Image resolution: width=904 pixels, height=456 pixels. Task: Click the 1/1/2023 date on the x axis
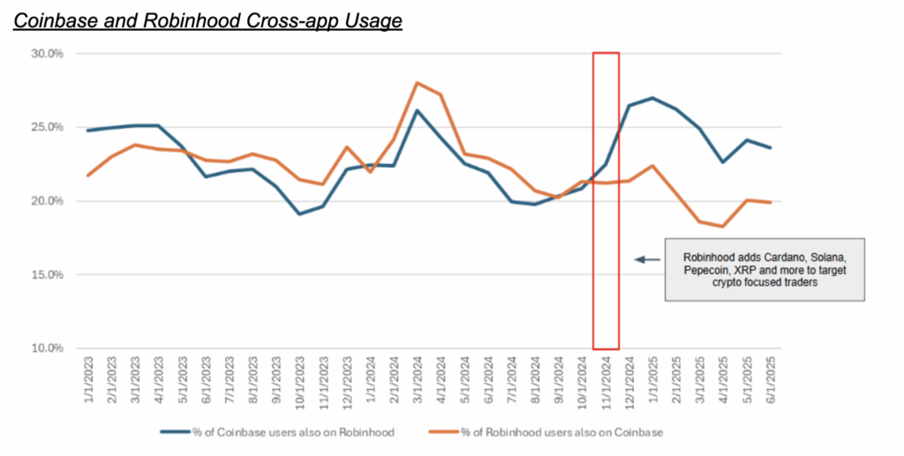pyautogui.click(x=88, y=380)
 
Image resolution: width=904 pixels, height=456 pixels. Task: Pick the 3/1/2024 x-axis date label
pyautogui.click(x=416, y=380)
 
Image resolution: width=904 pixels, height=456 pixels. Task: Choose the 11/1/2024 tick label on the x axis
pyautogui.click(x=604, y=380)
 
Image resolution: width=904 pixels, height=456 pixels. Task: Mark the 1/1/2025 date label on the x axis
pyautogui.click(x=652, y=380)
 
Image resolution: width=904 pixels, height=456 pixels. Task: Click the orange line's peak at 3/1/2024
pyautogui.click(x=417, y=83)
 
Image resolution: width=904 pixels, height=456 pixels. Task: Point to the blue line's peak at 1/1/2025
pyautogui.click(x=652, y=98)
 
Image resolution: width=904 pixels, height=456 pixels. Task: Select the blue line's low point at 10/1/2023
pyautogui.click(x=299, y=213)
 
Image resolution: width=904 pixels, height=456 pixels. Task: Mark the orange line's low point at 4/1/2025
pyautogui.click(x=722, y=227)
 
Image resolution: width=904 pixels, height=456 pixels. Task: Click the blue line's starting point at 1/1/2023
pyautogui.click(x=88, y=131)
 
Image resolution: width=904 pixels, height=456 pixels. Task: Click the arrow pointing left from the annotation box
pyautogui.click(x=647, y=259)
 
